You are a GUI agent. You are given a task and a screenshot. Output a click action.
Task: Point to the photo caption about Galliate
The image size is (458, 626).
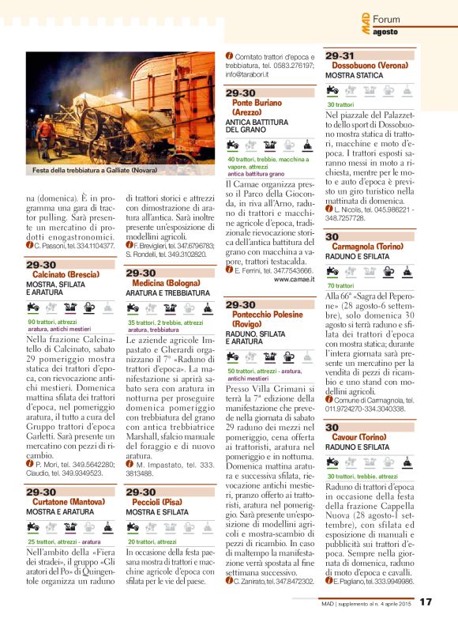(x=95, y=170)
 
